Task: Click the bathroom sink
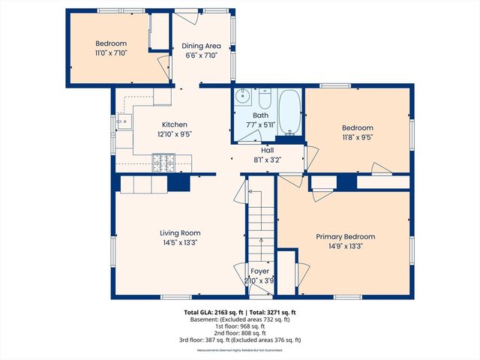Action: (243, 97)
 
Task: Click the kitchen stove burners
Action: (163, 159)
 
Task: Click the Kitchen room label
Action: (174, 124)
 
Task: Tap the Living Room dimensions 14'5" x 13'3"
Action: (179, 242)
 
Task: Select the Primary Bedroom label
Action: (345, 236)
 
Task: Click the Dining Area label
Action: (202, 46)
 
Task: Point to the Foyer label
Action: (259, 271)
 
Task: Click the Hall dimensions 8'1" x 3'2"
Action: (266, 159)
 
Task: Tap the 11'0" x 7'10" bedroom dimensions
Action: (111, 53)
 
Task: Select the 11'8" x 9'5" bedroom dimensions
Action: (357, 137)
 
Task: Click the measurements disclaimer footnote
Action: (241, 349)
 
